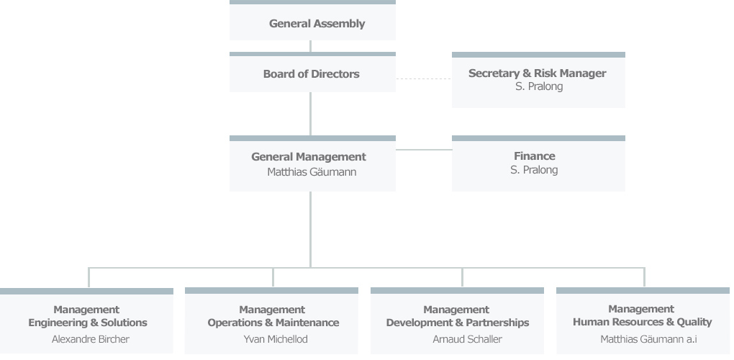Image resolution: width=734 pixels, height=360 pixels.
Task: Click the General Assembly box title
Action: click(317, 24)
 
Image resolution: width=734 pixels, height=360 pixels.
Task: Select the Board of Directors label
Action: click(311, 74)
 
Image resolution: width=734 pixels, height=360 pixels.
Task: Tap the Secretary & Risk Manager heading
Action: click(537, 73)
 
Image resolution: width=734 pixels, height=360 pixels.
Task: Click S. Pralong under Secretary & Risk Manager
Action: click(539, 86)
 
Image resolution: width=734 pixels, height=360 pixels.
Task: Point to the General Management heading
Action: click(308, 157)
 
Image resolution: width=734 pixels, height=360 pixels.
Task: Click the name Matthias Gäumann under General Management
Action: click(312, 172)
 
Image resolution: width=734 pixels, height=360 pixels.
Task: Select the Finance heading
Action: click(535, 156)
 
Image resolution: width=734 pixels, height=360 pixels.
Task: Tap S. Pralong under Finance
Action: click(534, 170)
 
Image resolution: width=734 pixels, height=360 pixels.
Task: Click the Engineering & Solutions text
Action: click(88, 323)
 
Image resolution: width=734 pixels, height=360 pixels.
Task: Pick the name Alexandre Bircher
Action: click(91, 339)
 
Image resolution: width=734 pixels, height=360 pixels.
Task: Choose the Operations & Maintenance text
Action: click(273, 323)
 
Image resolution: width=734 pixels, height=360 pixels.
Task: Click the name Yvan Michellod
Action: click(276, 339)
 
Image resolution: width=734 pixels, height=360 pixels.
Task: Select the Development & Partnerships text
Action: click(458, 323)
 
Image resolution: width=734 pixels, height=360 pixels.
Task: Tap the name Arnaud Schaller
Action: click(467, 339)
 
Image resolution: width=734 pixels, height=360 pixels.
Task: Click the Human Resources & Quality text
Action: click(642, 322)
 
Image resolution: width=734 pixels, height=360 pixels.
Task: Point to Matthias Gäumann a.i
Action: click(648, 339)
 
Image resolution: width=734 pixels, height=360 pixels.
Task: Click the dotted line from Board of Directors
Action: click(423, 78)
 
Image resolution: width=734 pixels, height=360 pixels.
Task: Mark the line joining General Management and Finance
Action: click(423, 150)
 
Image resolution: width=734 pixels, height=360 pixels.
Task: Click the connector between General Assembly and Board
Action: click(311, 46)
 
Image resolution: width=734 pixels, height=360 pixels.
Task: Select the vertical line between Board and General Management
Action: click(311, 114)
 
